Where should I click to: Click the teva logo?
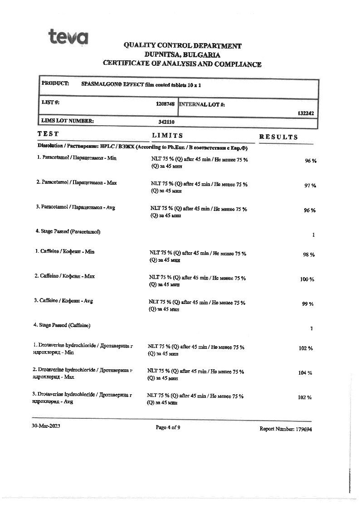pyautogui.click(x=68, y=36)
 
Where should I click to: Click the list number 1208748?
pyautogui.click(x=165, y=104)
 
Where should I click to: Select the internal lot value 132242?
pyautogui.click(x=306, y=113)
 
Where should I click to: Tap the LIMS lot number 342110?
pyautogui.click(x=166, y=122)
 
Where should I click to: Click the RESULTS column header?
pyautogui.click(x=278, y=137)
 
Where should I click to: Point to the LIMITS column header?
pyautogui.click(x=167, y=135)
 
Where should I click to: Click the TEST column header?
pyautogui.click(x=48, y=134)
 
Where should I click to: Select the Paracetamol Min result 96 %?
pyautogui.click(x=310, y=161)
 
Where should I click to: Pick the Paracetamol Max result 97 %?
pyautogui.click(x=310, y=186)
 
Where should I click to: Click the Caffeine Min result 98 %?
pyautogui.click(x=309, y=255)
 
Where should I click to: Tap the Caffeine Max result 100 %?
pyautogui.click(x=307, y=279)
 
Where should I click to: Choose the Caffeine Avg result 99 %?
pyautogui.click(x=308, y=304)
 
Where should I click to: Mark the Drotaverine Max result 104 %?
pyautogui.click(x=305, y=373)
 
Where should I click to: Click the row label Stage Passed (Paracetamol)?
pyautogui.click(x=68, y=231)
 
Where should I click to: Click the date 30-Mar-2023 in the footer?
pyautogui.click(x=46, y=426)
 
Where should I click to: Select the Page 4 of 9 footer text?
pyautogui.click(x=168, y=427)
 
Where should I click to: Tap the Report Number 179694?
pyautogui.click(x=286, y=429)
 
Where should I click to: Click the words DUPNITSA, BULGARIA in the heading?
pyautogui.click(x=182, y=55)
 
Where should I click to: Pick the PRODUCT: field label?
pyautogui.click(x=55, y=83)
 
